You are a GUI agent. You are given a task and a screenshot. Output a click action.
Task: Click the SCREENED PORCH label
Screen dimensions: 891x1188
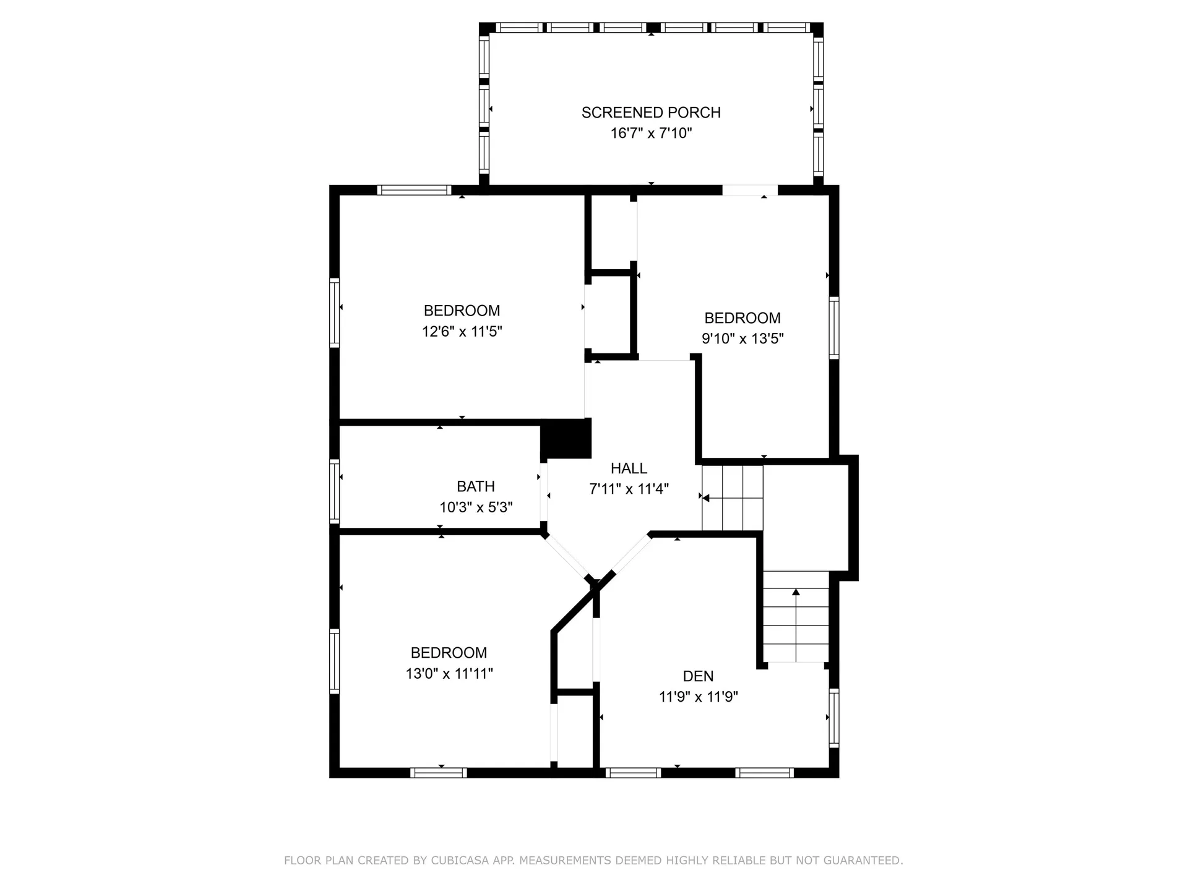pyautogui.click(x=651, y=113)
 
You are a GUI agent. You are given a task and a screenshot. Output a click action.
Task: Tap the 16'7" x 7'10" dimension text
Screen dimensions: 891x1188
pyautogui.click(x=651, y=133)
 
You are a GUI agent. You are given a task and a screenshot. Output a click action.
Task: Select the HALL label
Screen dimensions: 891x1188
pyautogui.click(x=629, y=468)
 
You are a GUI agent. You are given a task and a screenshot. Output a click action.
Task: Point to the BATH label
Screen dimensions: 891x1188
pyautogui.click(x=475, y=486)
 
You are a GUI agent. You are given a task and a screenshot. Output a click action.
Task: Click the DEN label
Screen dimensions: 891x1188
pyautogui.click(x=698, y=676)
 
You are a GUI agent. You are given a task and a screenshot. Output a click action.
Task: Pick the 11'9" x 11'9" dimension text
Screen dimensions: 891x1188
pyautogui.click(x=698, y=697)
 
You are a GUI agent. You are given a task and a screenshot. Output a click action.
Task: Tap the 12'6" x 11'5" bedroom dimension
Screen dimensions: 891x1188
pyautogui.click(x=462, y=332)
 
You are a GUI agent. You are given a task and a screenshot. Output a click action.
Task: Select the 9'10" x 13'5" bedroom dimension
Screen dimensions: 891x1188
pyautogui.click(x=742, y=338)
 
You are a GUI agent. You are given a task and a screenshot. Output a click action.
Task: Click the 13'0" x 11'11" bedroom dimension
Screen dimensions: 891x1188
pyautogui.click(x=449, y=673)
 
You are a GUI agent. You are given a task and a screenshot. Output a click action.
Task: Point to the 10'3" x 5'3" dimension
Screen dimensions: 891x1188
pyautogui.click(x=476, y=507)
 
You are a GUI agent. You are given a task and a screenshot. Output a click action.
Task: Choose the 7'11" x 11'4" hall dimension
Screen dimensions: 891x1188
pyautogui.click(x=629, y=489)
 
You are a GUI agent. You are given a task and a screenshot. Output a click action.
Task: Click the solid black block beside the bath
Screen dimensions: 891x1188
pyautogui.click(x=566, y=439)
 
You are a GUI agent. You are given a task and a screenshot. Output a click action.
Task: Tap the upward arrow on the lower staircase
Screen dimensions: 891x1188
pyautogui.click(x=796, y=593)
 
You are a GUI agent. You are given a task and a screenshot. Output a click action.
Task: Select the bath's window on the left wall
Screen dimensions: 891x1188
pyautogui.click(x=334, y=491)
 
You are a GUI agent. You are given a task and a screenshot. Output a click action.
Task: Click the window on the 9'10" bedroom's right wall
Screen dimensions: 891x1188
pyautogui.click(x=833, y=327)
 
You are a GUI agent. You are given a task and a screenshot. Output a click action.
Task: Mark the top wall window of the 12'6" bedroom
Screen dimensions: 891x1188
pyautogui.click(x=414, y=190)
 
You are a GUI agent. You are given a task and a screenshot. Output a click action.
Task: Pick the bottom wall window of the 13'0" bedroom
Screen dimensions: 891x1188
pyautogui.click(x=438, y=772)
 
